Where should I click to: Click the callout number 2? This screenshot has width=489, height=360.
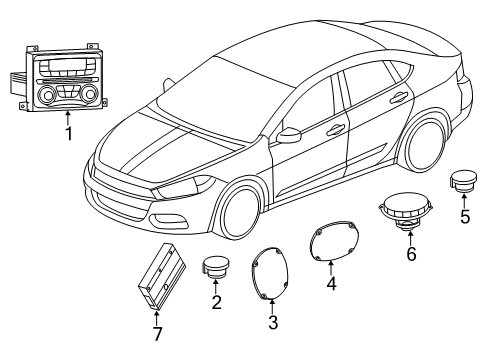pyautogui.click(x=215, y=301)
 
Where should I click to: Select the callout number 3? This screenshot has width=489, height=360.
pyautogui.click(x=273, y=321)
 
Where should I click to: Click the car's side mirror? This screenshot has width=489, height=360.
pyautogui.click(x=290, y=132)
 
